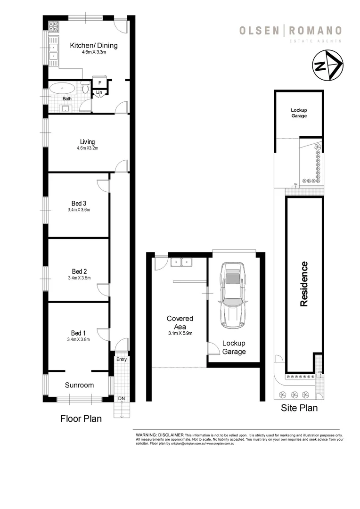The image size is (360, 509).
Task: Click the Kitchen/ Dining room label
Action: point(93,46)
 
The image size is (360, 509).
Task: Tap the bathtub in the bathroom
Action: point(62,88)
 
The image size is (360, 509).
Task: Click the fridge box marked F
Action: point(99,83)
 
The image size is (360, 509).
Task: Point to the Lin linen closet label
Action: point(99,92)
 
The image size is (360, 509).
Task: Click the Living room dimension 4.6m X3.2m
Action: point(87,148)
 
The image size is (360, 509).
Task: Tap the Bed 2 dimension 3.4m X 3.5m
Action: point(79,278)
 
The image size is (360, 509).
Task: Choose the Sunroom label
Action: point(79,385)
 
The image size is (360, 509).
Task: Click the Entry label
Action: point(122,359)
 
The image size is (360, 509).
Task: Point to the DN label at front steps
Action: point(122,399)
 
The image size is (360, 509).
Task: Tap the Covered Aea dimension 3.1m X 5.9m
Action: point(180,333)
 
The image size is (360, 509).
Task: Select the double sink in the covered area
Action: point(181,262)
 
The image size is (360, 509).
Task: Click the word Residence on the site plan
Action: point(304,284)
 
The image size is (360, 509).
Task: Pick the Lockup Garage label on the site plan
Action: point(299,113)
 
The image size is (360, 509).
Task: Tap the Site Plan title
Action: point(299,408)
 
